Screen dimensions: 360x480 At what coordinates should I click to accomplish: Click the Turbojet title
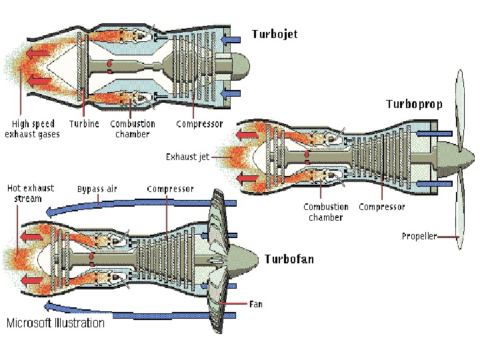275,33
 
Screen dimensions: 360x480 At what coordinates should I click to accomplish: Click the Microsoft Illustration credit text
55,323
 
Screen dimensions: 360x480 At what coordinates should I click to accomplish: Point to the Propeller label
419,236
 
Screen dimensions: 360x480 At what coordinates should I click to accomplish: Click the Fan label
255,304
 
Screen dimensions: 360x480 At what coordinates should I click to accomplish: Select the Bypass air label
97,189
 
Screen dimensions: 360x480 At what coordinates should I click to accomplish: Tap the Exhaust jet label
183,157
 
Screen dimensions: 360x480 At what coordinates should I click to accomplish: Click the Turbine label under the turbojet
84,124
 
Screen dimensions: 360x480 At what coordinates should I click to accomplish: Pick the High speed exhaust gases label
32,129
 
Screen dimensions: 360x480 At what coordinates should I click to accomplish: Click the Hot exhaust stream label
30,193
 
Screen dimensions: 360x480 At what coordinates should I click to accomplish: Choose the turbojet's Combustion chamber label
133,129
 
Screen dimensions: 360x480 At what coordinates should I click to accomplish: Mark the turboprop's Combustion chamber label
326,212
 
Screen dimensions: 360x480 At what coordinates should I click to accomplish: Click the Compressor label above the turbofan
170,189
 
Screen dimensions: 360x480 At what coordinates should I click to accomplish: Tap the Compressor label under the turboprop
382,207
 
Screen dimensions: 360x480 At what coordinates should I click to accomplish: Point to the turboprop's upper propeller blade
459,107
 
